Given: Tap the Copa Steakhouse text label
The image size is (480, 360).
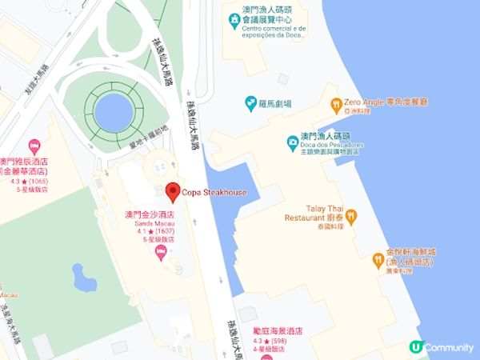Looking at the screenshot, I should coord(214,194).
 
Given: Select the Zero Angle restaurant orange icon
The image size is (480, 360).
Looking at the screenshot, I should coord(336,103).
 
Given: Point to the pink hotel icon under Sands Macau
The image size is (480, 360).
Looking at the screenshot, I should coord(160,253).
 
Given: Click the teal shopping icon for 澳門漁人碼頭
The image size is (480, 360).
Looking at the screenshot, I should coord(294,143).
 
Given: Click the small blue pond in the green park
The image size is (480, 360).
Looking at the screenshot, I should coord(83,278).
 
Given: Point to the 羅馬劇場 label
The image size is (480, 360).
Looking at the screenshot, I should coord(275,104).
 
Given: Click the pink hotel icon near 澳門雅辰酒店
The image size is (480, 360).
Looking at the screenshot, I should coord(34,146).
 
